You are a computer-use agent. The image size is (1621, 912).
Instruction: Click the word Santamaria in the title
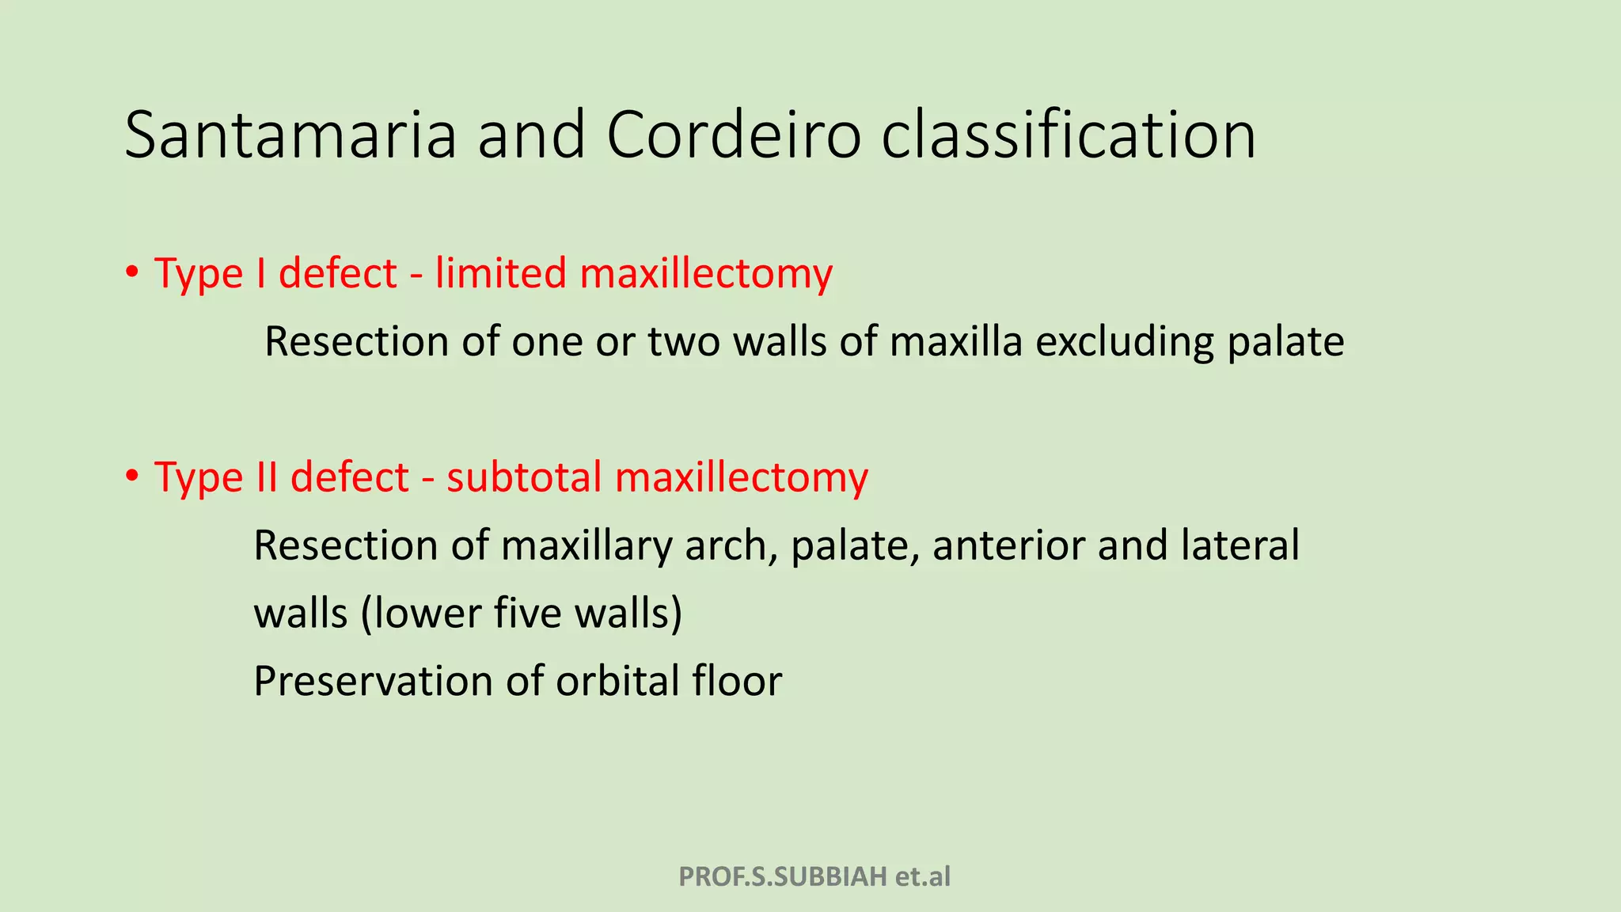(x=290, y=135)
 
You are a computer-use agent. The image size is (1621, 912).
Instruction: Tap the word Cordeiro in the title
(x=733, y=135)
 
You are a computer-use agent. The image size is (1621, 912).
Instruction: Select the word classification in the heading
(x=1069, y=135)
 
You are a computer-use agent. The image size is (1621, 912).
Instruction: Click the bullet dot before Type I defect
(x=132, y=273)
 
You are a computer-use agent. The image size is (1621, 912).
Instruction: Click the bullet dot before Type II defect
(x=132, y=477)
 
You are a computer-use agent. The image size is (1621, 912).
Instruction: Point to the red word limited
(x=500, y=273)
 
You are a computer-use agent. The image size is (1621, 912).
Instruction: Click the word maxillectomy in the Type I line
(x=706, y=275)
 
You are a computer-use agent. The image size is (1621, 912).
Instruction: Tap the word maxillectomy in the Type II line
(x=742, y=478)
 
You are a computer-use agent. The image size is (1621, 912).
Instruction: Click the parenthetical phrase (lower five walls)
(x=522, y=614)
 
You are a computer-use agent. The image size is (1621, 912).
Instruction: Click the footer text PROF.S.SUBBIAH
(x=783, y=876)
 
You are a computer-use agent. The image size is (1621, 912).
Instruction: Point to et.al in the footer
(x=923, y=876)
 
